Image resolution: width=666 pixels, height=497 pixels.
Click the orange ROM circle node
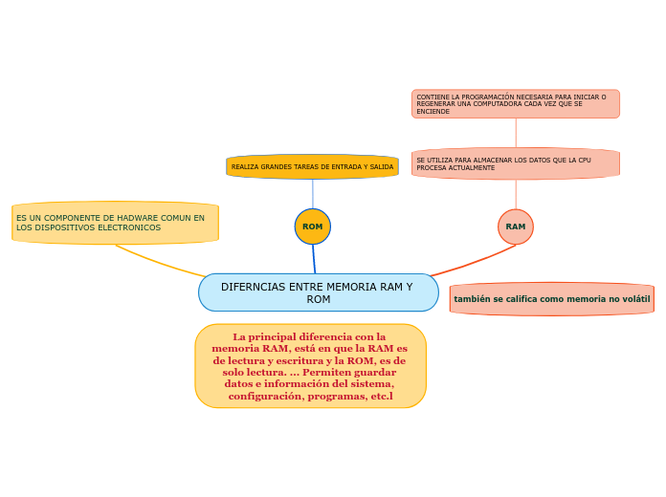click(x=313, y=227)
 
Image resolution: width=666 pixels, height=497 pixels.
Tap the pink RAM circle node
click(x=516, y=227)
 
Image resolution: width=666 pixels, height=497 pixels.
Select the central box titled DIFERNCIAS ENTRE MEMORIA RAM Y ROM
click(x=319, y=292)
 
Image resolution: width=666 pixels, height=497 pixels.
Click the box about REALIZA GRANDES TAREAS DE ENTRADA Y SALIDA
click(x=312, y=167)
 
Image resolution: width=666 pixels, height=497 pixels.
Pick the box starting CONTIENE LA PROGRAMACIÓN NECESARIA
click(x=516, y=104)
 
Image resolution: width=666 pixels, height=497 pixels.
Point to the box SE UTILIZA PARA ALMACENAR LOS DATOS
click(x=516, y=163)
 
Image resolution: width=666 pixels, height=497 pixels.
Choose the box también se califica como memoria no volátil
click(x=552, y=299)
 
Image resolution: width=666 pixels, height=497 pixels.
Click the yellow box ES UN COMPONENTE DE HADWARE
click(x=115, y=223)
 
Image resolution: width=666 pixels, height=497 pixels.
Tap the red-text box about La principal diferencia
click(x=310, y=366)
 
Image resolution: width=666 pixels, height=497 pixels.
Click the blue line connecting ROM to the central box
click(x=314, y=259)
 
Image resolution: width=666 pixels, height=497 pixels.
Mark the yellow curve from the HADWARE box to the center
click(x=159, y=262)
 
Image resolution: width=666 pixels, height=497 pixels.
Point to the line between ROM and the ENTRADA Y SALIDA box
click(x=313, y=194)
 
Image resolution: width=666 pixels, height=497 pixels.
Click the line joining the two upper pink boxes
click(x=516, y=133)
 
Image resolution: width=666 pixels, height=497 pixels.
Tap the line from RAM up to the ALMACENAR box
click(x=516, y=194)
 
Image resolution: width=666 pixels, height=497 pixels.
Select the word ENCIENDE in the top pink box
click(x=433, y=112)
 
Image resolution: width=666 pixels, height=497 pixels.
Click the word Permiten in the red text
click(x=326, y=372)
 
